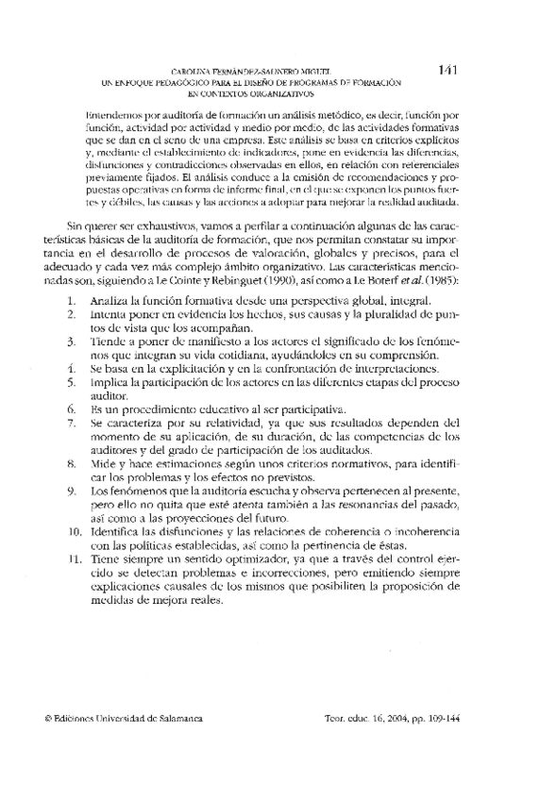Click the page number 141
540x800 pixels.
[x=448, y=70]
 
